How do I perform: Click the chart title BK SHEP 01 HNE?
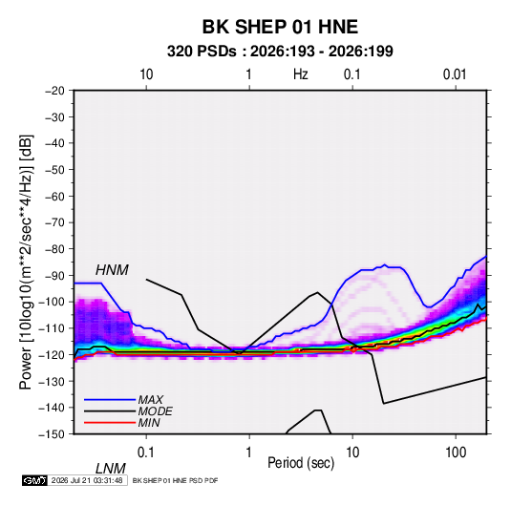pos(280,27)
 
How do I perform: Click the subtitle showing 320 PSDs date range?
pos(280,52)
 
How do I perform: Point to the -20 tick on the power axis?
pos(54,91)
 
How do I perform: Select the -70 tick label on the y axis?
pos(54,222)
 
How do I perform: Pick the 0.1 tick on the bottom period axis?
pos(145,452)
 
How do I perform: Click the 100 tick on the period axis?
pos(455,452)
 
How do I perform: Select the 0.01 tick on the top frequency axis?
pos(455,74)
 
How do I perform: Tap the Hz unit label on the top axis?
pos(300,74)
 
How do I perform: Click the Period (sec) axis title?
pos(301,463)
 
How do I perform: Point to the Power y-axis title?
pos(26,263)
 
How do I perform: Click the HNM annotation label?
pos(112,270)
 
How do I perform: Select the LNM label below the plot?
pos(110,469)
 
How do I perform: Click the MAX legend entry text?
pos(150,400)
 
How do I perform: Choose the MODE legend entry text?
pos(155,411)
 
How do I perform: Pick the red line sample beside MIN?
pos(110,423)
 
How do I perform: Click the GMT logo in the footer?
pos(34,480)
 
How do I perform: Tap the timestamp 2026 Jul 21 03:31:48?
pos(87,480)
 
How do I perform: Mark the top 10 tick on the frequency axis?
pos(146,74)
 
